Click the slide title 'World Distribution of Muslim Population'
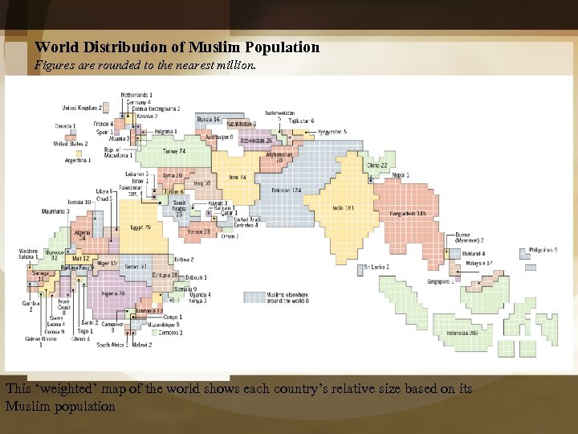click(177, 47)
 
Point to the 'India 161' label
click(344, 207)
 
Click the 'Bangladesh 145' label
click(408, 213)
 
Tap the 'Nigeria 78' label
click(112, 294)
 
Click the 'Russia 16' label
click(207, 119)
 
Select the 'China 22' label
click(377, 166)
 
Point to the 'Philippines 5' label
click(543, 251)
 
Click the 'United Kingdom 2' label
click(81, 108)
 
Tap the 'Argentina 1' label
click(83, 161)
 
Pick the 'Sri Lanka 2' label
click(376, 267)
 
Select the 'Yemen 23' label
click(198, 231)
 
